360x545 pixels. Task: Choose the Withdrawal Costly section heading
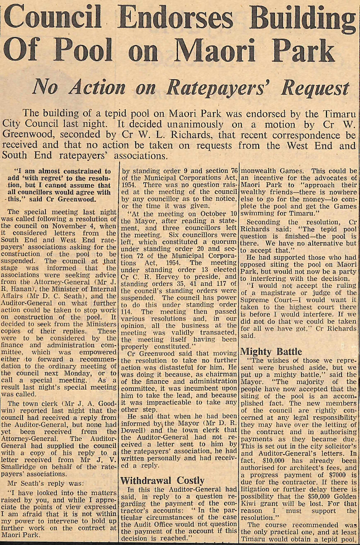pyautogui.click(x=162, y=480)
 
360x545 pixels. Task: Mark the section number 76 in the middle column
pyautogui.click(x=233, y=171)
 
